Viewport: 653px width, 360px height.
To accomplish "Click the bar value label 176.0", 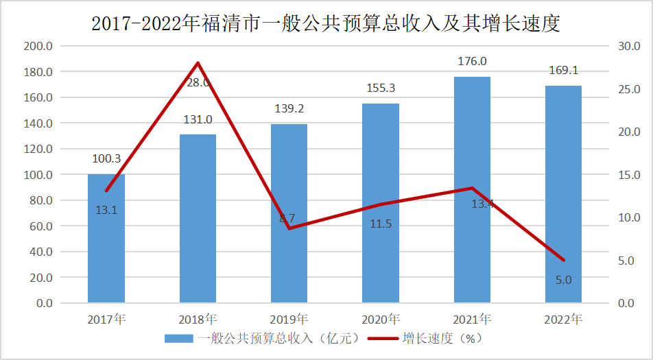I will [472, 62].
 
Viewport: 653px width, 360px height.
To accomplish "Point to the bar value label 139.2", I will [289, 108].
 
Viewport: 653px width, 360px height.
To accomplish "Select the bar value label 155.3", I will [381, 88].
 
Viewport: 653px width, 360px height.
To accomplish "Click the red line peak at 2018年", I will [198, 63].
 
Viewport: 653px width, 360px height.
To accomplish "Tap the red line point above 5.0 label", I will [563, 260].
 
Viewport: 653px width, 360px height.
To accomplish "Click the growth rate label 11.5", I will [381, 224].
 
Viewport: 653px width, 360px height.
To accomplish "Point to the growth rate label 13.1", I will [106, 211].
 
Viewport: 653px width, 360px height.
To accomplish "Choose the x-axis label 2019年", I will [289, 320].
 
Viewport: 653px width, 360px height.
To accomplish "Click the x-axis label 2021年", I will [472, 320].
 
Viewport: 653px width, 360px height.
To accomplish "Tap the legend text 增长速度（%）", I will [442, 339].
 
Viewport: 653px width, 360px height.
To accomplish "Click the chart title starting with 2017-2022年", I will [326, 24].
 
